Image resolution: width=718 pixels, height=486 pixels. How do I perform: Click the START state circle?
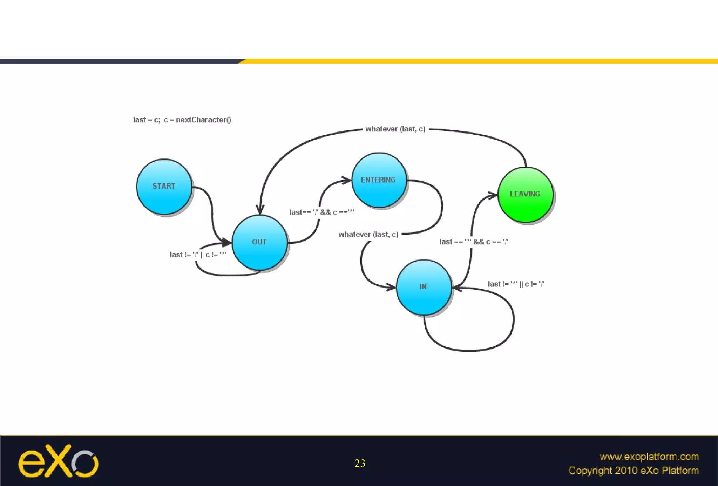tap(164, 187)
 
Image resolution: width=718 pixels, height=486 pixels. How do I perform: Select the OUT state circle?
tap(259, 242)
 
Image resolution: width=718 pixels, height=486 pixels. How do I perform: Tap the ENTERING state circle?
tap(379, 180)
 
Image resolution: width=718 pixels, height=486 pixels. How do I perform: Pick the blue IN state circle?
tap(424, 287)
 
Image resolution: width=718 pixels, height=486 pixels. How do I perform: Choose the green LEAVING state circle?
tap(525, 195)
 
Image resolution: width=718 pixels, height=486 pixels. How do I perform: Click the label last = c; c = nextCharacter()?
tap(182, 120)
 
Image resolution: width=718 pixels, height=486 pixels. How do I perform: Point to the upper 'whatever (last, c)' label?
tap(395, 129)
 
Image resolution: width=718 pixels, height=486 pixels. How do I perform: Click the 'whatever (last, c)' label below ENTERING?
tap(368, 235)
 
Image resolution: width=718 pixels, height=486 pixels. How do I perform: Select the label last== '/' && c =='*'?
tap(321, 212)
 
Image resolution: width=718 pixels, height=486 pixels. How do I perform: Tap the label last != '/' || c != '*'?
tap(198, 255)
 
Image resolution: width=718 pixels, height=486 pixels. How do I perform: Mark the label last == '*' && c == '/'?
tap(473, 242)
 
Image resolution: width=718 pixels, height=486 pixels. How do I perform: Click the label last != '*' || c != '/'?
tap(516, 284)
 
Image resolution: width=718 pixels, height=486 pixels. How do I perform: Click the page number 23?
tap(360, 464)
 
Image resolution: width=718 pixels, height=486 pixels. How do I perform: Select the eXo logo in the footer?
tap(58, 461)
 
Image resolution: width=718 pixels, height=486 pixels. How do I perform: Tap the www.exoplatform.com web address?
tap(649, 457)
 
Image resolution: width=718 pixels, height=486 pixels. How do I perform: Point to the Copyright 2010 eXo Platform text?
tap(634, 471)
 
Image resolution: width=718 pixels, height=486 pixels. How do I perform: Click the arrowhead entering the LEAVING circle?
tap(493, 195)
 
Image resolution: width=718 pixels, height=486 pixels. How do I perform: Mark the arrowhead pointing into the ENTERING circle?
tap(347, 181)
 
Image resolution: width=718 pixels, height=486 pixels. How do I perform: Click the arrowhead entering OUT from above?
tap(260, 210)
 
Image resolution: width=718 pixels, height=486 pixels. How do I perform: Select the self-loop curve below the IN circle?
tap(470, 350)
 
